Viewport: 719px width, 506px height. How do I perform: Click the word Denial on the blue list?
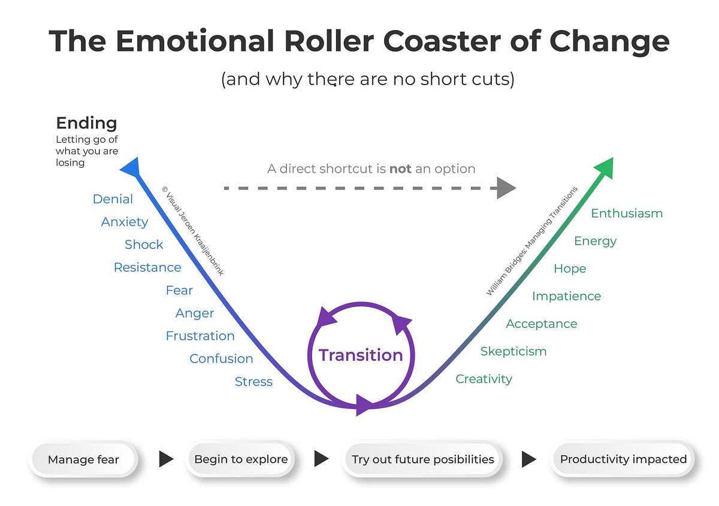click(x=113, y=199)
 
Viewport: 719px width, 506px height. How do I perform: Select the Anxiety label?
click(x=125, y=222)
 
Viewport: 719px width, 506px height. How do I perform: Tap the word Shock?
click(x=144, y=245)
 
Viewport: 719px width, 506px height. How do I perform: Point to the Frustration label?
click(x=200, y=336)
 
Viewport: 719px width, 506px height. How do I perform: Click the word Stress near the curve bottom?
click(x=253, y=382)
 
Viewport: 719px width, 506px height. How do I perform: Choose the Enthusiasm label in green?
click(x=627, y=213)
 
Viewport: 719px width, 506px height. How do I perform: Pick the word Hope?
click(x=569, y=269)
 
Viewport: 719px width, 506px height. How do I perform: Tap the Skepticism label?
click(x=513, y=351)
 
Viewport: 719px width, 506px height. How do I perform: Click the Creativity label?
click(x=484, y=379)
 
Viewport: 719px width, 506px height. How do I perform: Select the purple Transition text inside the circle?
click(x=361, y=355)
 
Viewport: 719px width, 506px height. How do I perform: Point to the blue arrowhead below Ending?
click(x=131, y=167)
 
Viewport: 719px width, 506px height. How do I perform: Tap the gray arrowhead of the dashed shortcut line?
click(x=506, y=188)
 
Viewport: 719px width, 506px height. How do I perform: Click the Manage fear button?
click(x=83, y=460)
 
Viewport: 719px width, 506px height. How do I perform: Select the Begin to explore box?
click(x=241, y=459)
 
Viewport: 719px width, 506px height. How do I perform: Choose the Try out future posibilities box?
click(x=422, y=459)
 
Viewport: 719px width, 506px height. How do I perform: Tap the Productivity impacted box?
click(x=623, y=459)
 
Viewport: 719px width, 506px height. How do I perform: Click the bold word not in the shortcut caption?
click(x=400, y=169)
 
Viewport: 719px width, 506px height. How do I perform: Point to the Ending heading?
click(x=86, y=124)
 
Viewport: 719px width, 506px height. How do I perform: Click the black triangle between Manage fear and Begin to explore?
click(x=165, y=459)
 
